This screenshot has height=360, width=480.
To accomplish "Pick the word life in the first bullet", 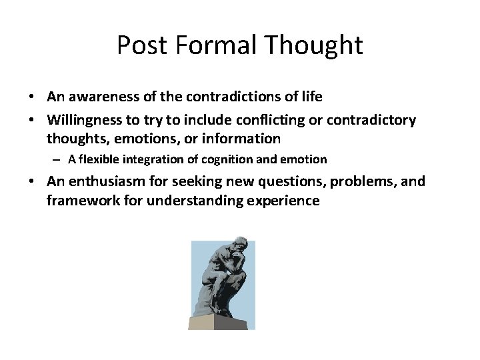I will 311,97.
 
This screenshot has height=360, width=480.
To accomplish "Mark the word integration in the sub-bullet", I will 162,159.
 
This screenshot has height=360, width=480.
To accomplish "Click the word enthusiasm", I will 113,181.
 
